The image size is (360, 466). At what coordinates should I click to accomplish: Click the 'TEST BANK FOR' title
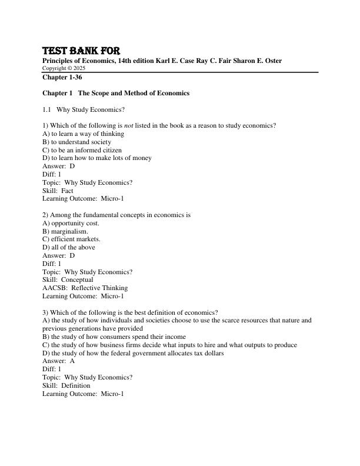[x=81, y=51]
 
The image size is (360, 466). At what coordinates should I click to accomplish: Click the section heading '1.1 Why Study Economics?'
[x=84, y=109]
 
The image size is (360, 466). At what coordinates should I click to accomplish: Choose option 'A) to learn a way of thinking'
[x=83, y=134]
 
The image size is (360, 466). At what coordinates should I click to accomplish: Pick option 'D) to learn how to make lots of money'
[x=97, y=158]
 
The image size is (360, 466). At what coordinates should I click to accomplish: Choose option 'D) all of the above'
[x=69, y=248]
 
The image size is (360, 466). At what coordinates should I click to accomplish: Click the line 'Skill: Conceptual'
[x=68, y=280]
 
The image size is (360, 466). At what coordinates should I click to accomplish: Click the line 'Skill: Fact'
[x=58, y=191]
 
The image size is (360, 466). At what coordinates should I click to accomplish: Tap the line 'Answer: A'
[x=59, y=361]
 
